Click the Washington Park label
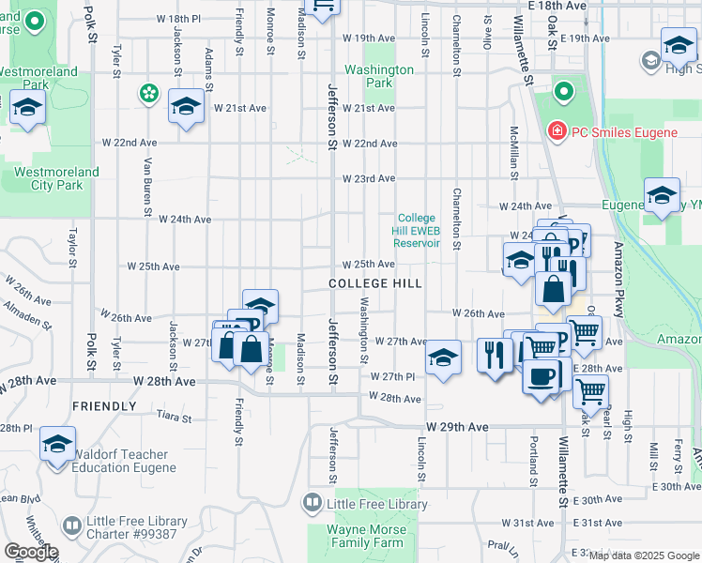tap(378, 76)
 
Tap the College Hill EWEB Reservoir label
tap(418, 230)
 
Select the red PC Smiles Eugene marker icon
tap(557, 131)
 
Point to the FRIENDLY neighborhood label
tap(104, 406)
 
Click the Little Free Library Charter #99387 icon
tap(71, 525)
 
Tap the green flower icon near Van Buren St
tap(147, 92)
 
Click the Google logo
tap(30, 552)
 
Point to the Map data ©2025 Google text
tap(643, 555)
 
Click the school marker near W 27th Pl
tap(443, 357)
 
